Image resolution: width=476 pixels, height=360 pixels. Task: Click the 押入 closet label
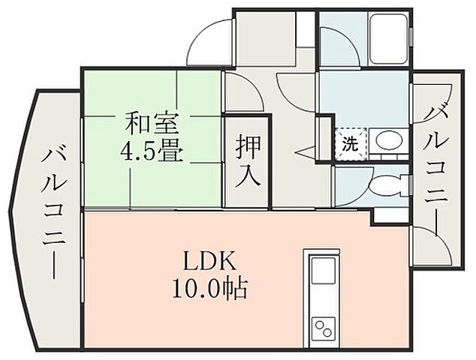[x=247, y=162]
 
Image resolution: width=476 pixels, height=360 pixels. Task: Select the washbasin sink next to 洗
[x=389, y=141]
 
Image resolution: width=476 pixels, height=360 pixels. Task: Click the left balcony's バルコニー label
[x=54, y=214]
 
